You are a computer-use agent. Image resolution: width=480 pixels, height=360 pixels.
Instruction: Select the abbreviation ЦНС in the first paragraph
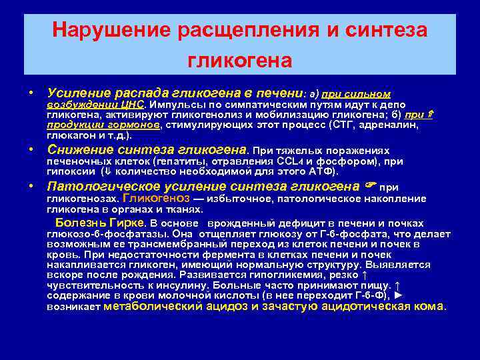(134, 105)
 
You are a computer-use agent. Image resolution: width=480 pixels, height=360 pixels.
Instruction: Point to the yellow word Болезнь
(79, 222)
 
